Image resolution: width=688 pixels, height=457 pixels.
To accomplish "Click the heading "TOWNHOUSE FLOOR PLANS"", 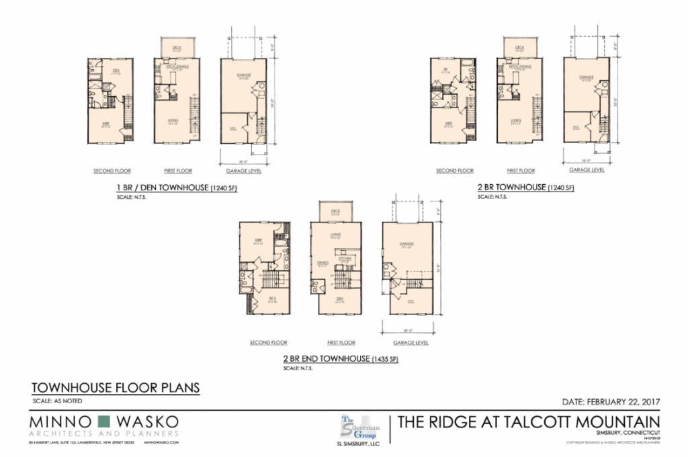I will (116, 388).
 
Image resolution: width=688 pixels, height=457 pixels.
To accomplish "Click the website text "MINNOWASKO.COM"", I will (162, 445).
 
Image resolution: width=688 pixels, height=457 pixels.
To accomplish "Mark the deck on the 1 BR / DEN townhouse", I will (177, 48).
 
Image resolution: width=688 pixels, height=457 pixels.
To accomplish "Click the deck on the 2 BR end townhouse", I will (335, 212).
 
